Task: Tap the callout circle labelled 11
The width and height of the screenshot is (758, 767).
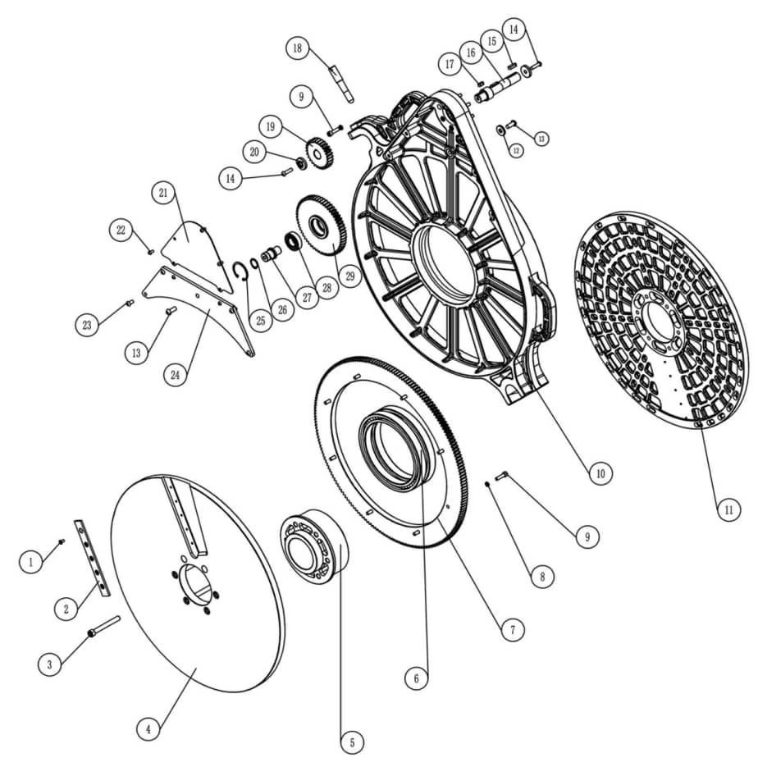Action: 727,509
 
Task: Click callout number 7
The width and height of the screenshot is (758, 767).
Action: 511,629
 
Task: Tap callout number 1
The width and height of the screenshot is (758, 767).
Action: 30,562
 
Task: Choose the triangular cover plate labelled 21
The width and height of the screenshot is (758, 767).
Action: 190,235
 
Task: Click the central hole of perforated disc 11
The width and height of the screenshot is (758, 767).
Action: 657,316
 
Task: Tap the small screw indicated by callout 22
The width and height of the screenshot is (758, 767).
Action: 151,251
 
